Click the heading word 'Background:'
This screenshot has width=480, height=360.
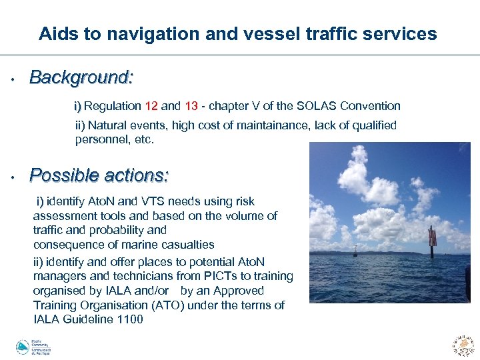(81, 79)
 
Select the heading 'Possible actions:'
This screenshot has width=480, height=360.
(99, 176)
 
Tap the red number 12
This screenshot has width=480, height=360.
(151, 106)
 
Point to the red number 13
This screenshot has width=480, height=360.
(191, 106)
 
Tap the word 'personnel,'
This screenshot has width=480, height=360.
(99, 140)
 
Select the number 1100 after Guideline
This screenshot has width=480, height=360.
(129, 319)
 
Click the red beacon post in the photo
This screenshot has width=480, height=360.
(432, 243)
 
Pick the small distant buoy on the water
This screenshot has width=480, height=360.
(356, 251)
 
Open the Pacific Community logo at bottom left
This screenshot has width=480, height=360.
(33, 347)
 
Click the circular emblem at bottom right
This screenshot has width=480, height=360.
(463, 345)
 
